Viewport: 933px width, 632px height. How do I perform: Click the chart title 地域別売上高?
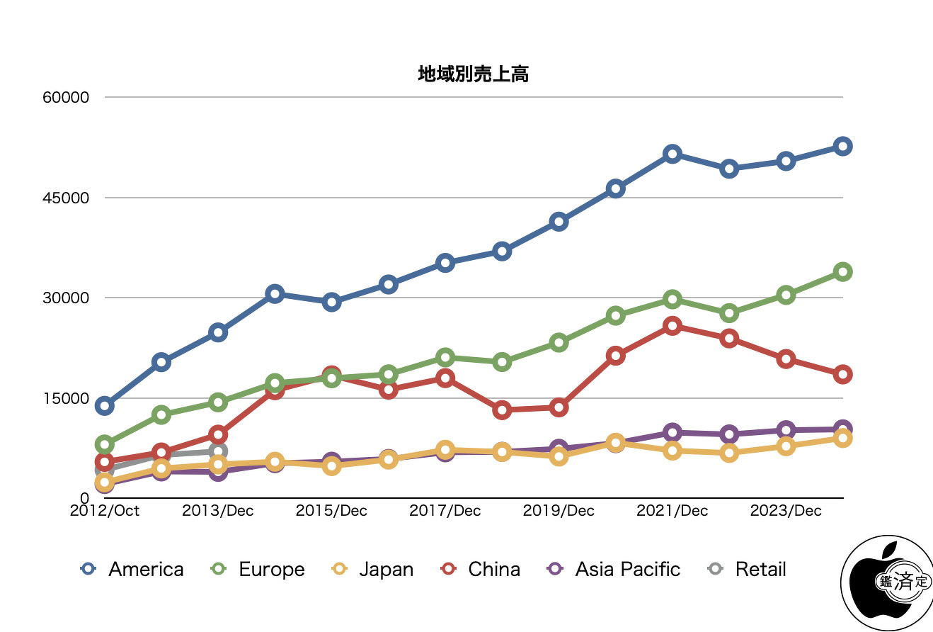pos(473,74)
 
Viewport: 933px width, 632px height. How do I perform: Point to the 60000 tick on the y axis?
pos(66,98)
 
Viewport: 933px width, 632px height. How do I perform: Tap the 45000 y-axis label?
pos(66,198)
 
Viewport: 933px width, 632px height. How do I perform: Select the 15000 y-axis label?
pos(66,398)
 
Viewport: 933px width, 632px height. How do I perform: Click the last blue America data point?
pos(842,147)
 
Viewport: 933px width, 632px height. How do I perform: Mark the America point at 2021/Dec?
pos(672,154)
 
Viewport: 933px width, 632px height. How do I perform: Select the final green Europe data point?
pos(842,271)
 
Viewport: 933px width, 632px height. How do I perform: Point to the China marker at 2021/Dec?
pos(672,326)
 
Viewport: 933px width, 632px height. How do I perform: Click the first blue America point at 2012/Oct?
pos(105,406)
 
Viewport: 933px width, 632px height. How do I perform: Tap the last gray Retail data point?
pos(218,451)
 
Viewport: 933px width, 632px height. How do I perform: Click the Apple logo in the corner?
pos(885,582)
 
